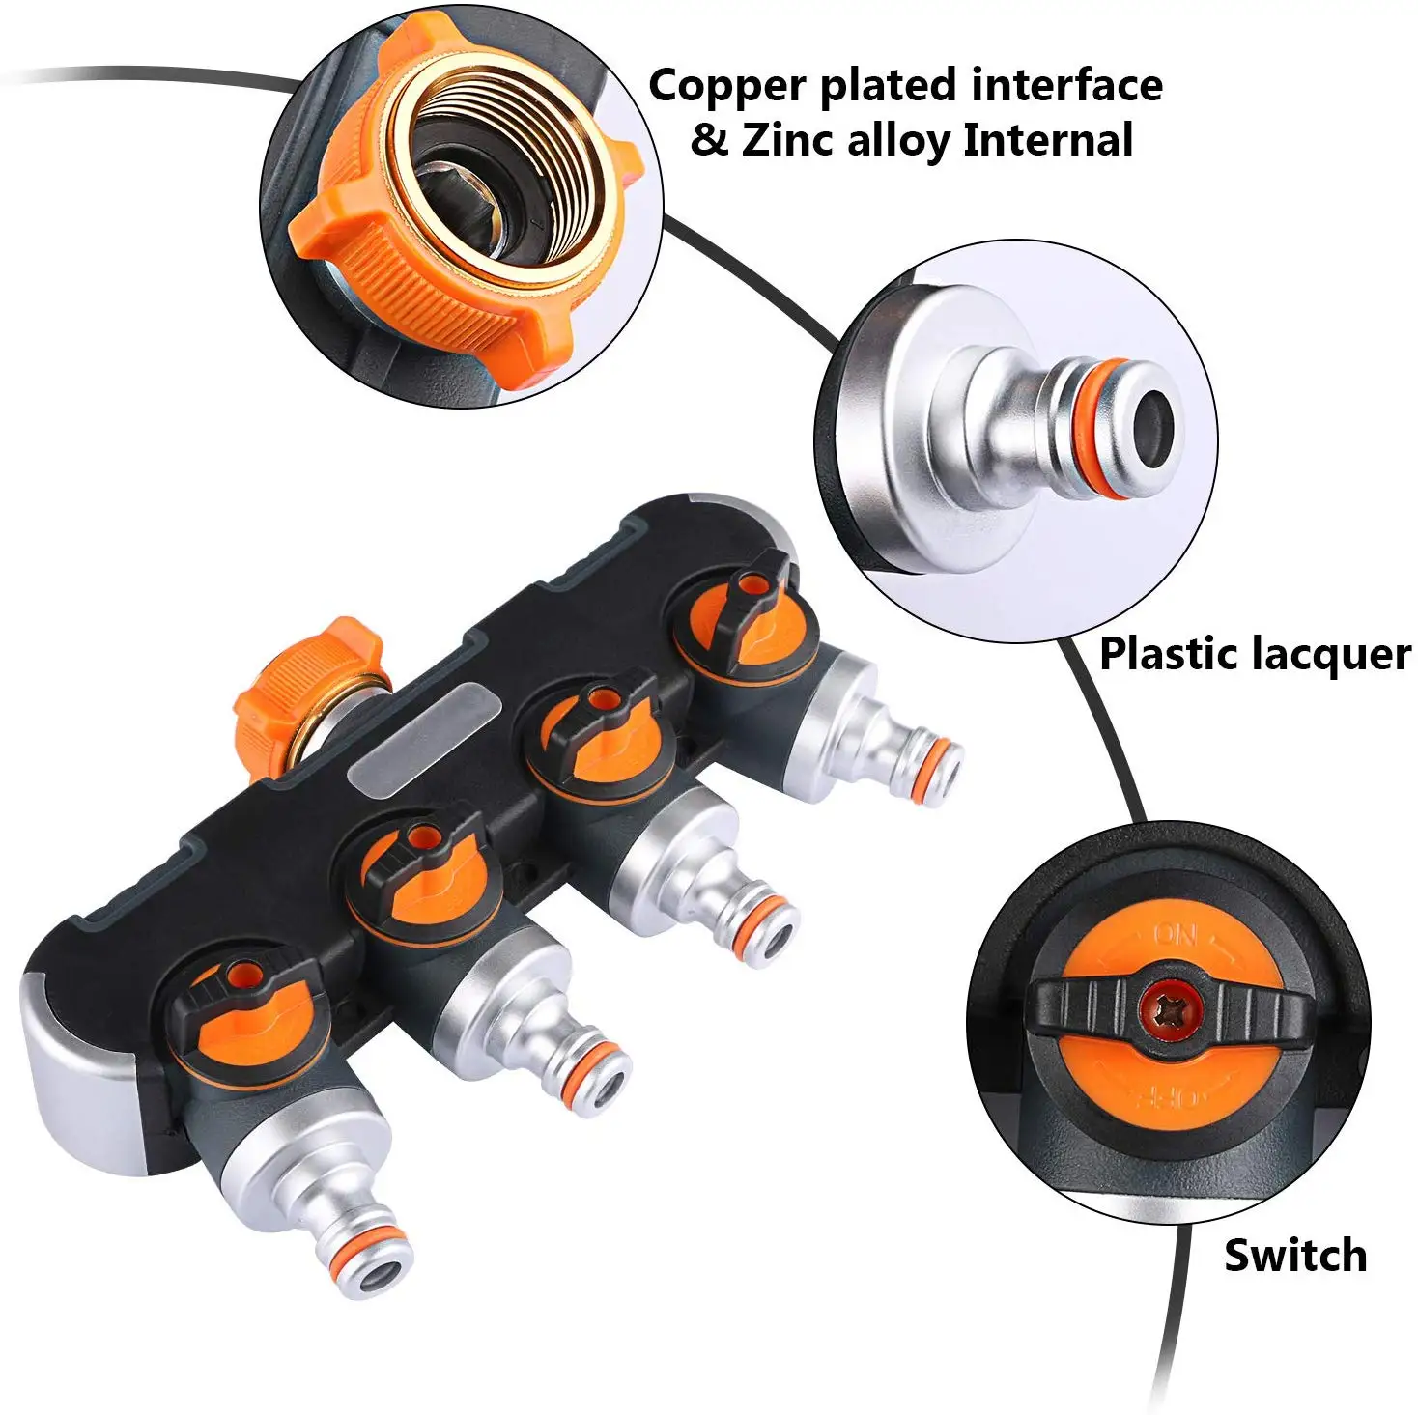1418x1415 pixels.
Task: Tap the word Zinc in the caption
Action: click(x=787, y=141)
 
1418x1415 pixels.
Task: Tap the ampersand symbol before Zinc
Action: click(x=709, y=141)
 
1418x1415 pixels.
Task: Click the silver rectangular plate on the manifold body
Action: click(x=425, y=738)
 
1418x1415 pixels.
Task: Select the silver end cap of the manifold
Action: click(x=81, y=1045)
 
